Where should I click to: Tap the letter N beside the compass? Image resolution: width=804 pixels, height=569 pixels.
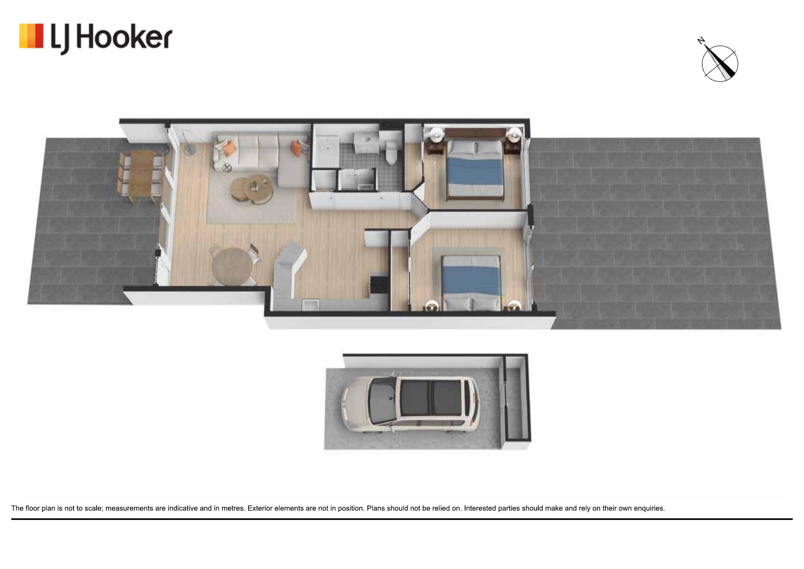coord(701,41)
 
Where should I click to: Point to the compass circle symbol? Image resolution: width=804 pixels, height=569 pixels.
coord(720,64)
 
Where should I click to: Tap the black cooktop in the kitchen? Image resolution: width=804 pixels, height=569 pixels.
coord(379,284)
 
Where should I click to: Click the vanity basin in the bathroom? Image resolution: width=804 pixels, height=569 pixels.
coord(366,142)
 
